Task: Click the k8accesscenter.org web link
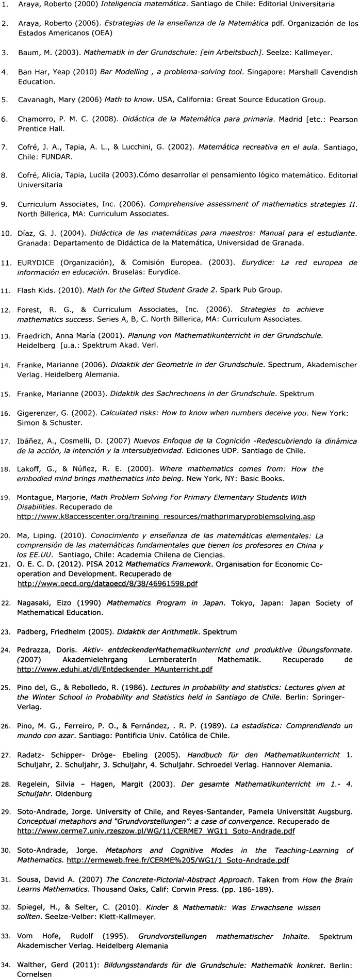(x=166, y=516)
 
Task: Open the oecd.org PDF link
(x=107, y=583)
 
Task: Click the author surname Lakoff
(x=29, y=469)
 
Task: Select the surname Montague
(x=36, y=497)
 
